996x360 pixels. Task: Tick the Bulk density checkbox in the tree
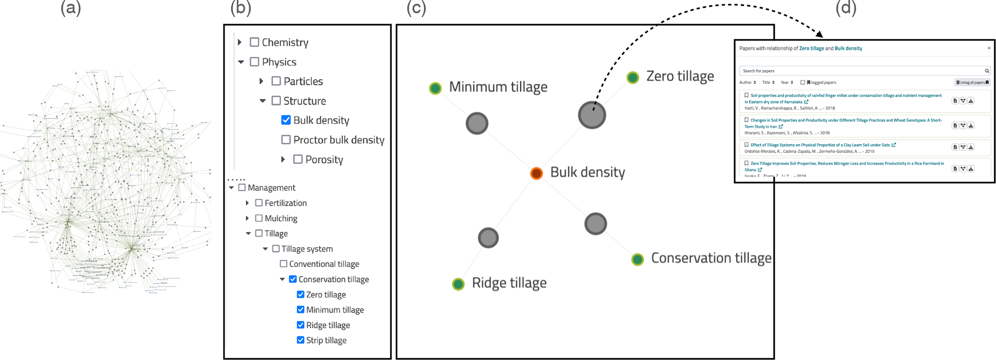pos(286,120)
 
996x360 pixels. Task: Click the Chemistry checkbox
pos(254,42)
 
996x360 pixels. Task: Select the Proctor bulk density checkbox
pos(286,140)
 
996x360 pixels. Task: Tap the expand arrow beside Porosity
pos(283,160)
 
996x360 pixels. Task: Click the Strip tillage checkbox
pos(301,340)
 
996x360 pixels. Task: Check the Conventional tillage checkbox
pos(283,264)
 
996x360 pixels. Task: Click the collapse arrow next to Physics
pos(241,62)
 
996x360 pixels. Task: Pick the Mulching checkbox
pos(259,218)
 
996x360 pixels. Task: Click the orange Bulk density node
pos(536,173)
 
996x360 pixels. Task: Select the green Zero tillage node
pos(633,77)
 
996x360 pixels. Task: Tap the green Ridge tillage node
pos(458,284)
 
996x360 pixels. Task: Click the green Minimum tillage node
pos(435,88)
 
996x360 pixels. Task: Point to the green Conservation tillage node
pos(637,259)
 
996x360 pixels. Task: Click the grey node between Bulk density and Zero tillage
pos(592,115)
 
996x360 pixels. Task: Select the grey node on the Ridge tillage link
pos(488,238)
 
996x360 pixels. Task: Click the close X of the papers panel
pos(989,48)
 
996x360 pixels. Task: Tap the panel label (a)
pos(71,8)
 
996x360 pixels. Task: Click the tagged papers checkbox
pos(802,82)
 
